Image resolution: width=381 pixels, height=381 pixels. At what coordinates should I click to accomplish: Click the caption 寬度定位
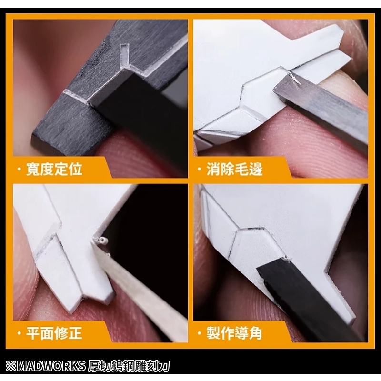(x=54, y=169)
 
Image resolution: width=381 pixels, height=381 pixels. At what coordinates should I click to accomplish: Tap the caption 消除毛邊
(x=234, y=169)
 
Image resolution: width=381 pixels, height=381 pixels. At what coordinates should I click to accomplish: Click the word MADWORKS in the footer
(x=51, y=366)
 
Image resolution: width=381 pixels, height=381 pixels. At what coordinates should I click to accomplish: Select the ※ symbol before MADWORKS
(x=11, y=366)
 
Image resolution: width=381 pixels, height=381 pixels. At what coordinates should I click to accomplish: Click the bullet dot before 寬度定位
(x=19, y=169)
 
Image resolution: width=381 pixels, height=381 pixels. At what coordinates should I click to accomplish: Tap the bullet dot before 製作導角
(x=200, y=333)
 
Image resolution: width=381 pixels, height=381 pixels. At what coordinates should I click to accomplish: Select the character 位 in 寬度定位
(x=76, y=169)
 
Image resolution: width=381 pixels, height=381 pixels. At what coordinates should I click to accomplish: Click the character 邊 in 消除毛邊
(x=256, y=169)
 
